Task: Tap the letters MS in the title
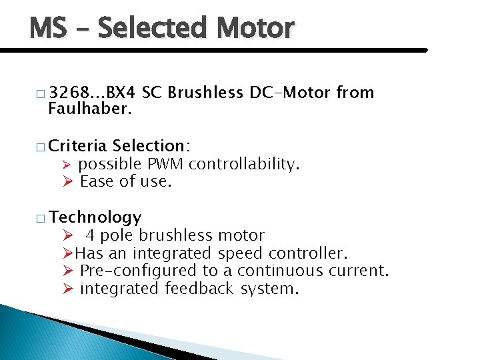pos(48,29)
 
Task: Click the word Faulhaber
pos(90,109)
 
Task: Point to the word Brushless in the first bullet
pos(205,93)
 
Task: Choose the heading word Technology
pos(95,217)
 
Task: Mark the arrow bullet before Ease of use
pos(67,181)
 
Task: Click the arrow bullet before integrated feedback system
pos(67,289)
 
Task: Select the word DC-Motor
pos(291,93)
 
